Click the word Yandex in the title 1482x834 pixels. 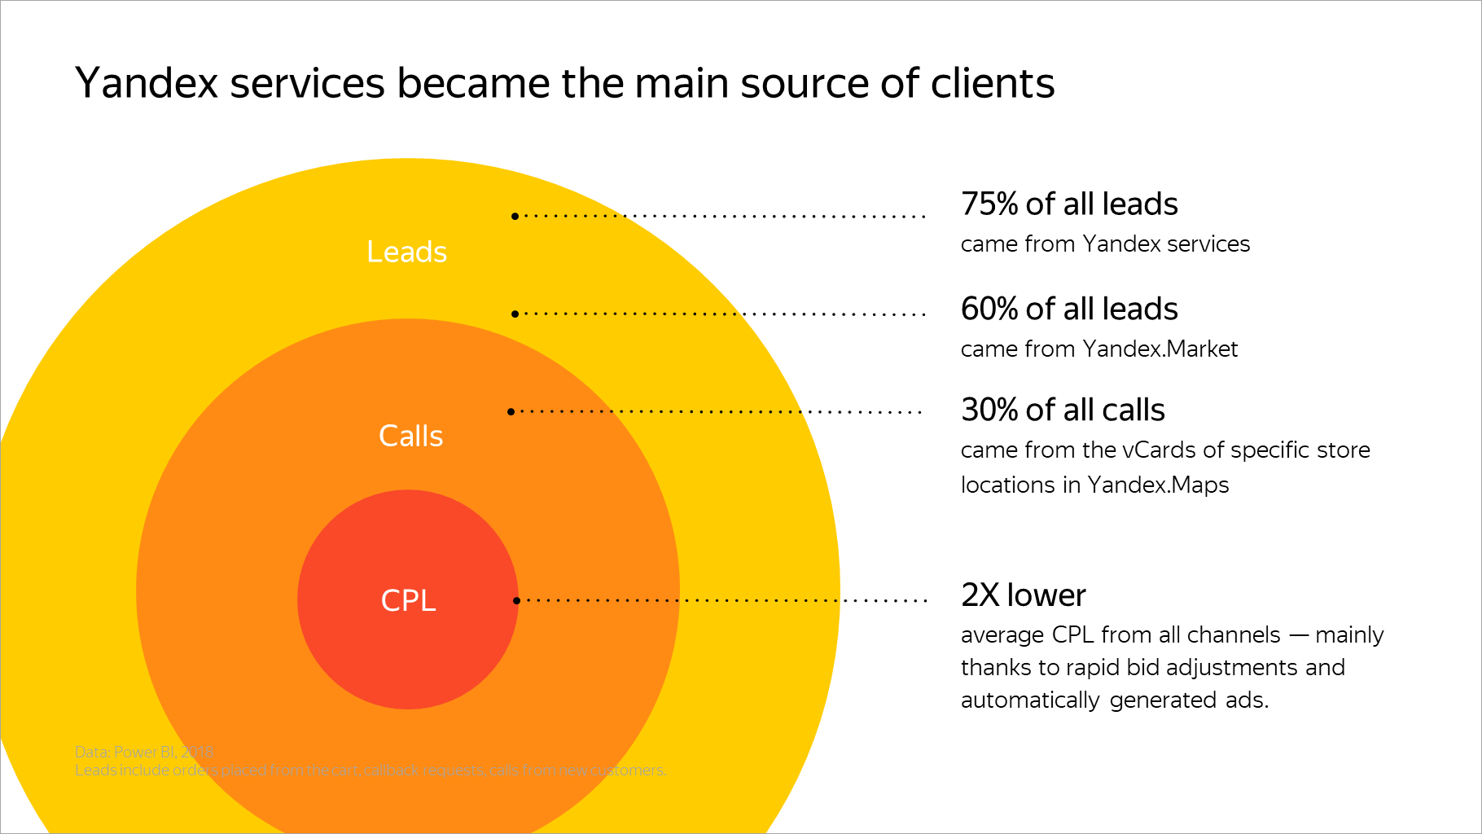tap(147, 84)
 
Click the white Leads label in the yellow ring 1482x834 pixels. tap(406, 252)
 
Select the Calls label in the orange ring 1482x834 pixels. tap(410, 436)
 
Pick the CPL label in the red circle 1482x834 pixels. tap(408, 600)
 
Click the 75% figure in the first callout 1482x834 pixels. tap(989, 204)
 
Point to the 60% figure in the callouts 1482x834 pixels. tap(989, 309)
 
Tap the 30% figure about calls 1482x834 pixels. tap(989, 410)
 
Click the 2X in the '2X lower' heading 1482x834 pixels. tap(980, 595)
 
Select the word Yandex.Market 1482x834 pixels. tap(1160, 349)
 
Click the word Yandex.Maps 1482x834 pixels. tap(1158, 485)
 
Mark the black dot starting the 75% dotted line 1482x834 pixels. tap(515, 216)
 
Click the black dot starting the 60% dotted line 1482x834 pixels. tap(515, 314)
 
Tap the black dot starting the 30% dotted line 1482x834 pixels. tap(511, 411)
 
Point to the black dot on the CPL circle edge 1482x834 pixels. tap(516, 600)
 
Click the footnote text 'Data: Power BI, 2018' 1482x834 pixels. tap(144, 752)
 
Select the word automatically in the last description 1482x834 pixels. tap(1030, 700)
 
